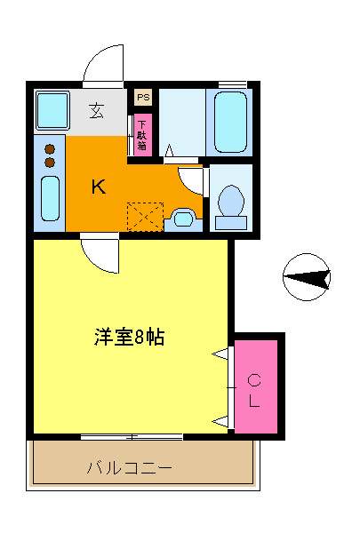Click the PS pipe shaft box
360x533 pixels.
pos(142,97)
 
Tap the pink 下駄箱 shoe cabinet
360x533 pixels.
pos(142,132)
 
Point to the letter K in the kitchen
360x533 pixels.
pos(100,187)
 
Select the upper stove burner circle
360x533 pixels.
pos(50,148)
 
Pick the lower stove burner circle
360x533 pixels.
pos(50,163)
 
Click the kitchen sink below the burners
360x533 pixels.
pos(50,199)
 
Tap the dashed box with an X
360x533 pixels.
pos(145,217)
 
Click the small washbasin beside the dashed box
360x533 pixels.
pos(182,217)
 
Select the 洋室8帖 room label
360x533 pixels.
pos(130,338)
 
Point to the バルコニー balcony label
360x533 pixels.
pos(130,467)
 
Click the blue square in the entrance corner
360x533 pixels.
pos(52,110)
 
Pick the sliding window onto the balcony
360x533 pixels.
pos(132,436)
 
